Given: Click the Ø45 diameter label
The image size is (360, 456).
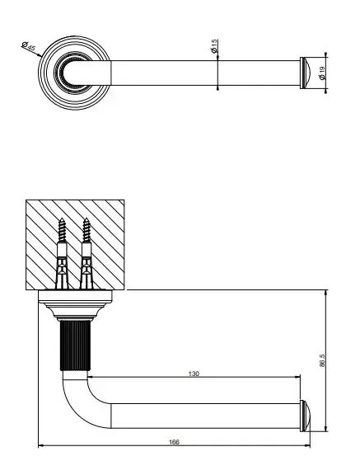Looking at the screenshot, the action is pos(29,46).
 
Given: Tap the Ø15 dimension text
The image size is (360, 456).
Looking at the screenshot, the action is pos(214,46).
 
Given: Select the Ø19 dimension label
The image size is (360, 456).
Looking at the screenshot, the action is pos(322,73).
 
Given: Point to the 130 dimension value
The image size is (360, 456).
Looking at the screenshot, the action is pos(194,374).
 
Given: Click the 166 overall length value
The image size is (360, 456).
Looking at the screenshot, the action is pos(174,442).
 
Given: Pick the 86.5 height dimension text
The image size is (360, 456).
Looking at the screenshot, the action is pos(322,360).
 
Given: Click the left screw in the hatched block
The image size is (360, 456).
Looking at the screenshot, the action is pos(62,253).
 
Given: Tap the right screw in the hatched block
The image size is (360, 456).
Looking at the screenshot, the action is pos(86,253).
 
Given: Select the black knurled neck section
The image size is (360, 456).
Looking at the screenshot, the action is pos(75,346).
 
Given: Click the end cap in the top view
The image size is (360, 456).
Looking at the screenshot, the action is pos(305,73).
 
